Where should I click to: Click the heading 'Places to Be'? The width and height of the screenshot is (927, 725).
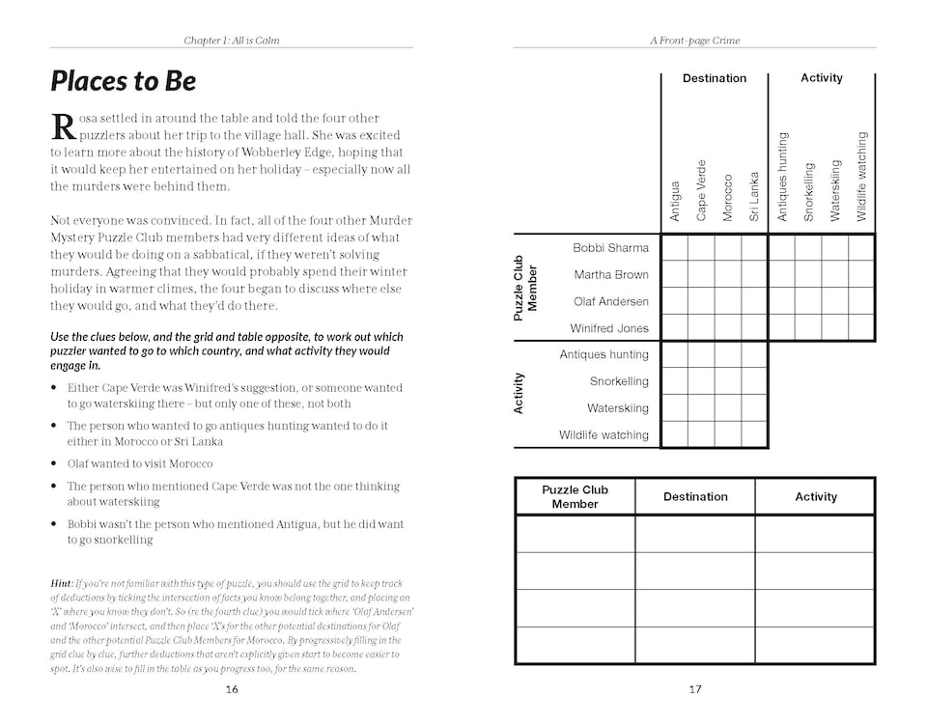pyautogui.click(x=123, y=81)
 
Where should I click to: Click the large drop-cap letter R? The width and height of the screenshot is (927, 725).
pyautogui.click(x=62, y=125)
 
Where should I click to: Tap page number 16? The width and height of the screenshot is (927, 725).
pyautogui.click(x=232, y=688)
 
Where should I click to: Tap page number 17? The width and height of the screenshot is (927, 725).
pyautogui.click(x=695, y=688)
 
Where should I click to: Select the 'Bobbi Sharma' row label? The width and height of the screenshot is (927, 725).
pyautogui.click(x=610, y=248)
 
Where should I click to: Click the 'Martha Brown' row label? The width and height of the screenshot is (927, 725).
pyautogui.click(x=611, y=275)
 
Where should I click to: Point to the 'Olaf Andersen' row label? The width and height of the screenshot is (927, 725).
pyautogui.click(x=610, y=301)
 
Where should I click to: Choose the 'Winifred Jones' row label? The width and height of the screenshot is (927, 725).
pyautogui.click(x=608, y=328)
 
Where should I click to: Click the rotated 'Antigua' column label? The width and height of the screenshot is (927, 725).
pyautogui.click(x=675, y=201)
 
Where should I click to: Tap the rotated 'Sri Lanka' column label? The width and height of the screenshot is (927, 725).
pyautogui.click(x=755, y=196)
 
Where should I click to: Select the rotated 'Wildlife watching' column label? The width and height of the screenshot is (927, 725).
pyautogui.click(x=862, y=177)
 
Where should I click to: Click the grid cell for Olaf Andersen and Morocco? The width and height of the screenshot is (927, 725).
pyautogui.click(x=728, y=301)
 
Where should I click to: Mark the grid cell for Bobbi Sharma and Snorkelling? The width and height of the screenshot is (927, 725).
pyautogui.click(x=808, y=248)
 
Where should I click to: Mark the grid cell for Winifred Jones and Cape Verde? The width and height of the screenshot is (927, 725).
pyautogui.click(x=701, y=328)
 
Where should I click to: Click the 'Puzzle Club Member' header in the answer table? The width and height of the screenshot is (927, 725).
pyautogui.click(x=575, y=496)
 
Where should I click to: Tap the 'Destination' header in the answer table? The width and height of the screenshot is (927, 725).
pyautogui.click(x=695, y=496)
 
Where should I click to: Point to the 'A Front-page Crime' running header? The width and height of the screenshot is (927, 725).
pyautogui.click(x=695, y=41)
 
